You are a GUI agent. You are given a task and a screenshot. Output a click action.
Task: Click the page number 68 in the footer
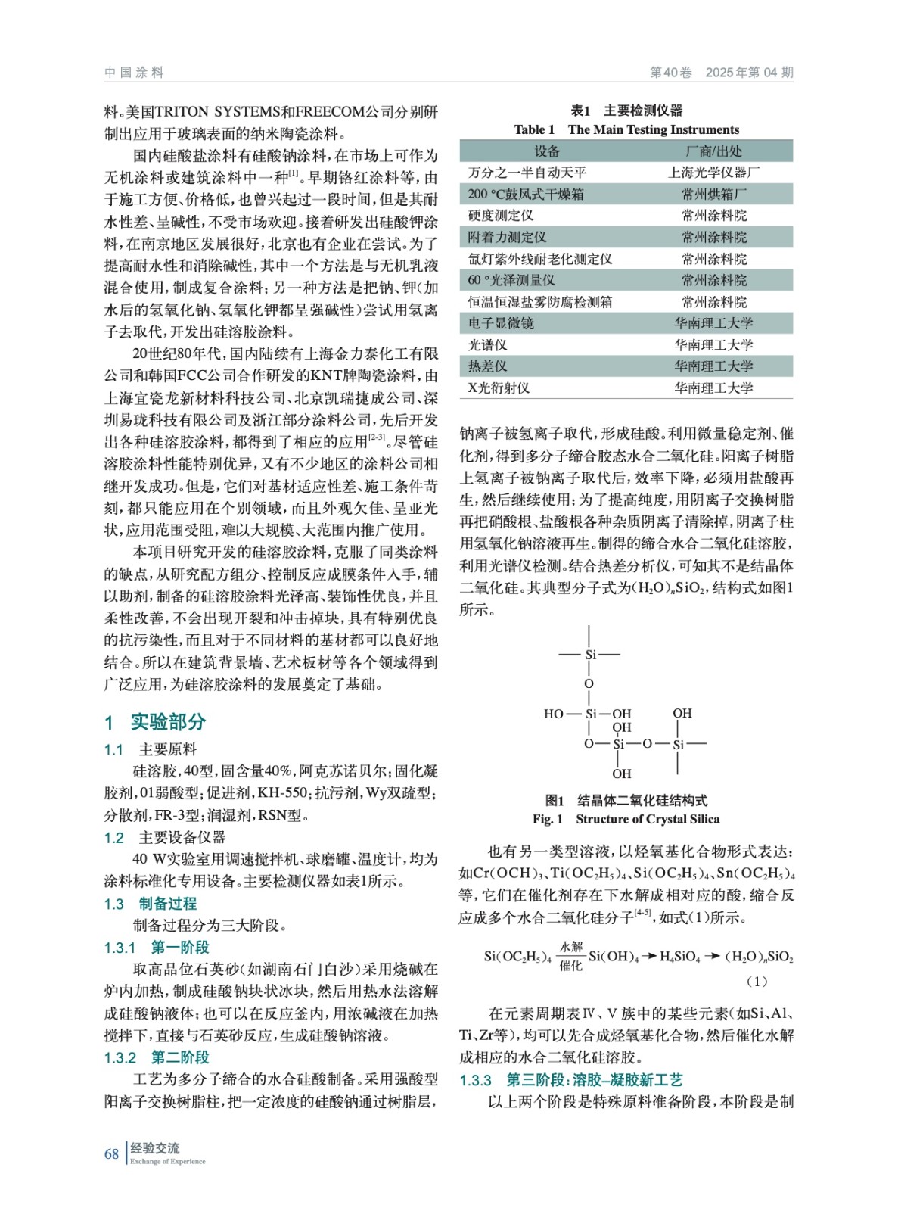(111, 1153)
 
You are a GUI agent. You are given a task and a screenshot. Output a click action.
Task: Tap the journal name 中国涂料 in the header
(134, 73)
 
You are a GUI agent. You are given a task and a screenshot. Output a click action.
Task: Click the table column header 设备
(546, 151)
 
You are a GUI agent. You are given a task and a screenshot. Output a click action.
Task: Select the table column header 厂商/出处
(713, 151)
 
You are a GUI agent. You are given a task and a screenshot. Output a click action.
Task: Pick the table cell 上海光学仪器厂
(713, 173)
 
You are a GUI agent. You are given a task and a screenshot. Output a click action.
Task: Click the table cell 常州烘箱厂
(713, 195)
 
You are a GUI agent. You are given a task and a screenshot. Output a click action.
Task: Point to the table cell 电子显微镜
(501, 323)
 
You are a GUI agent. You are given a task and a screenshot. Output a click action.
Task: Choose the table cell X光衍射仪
(499, 388)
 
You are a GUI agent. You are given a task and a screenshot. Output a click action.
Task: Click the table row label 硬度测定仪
(501, 216)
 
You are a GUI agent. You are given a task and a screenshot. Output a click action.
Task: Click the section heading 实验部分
(168, 722)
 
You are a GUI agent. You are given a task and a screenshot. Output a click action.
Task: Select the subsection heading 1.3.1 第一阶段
(157, 947)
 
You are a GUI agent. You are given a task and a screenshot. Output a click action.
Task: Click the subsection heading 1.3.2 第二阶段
(157, 1057)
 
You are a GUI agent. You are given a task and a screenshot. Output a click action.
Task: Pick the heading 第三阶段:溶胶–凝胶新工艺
(594, 1080)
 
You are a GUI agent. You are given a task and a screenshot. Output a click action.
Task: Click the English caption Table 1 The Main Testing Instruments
(626, 129)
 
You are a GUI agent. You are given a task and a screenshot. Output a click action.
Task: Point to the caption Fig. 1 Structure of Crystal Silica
(626, 819)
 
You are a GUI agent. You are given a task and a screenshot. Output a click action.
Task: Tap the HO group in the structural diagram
(553, 714)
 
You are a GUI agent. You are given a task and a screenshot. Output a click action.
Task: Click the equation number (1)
(757, 982)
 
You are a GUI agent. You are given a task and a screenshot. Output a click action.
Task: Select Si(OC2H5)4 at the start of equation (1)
(517, 957)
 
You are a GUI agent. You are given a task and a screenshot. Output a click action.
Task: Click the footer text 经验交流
(155, 1148)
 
